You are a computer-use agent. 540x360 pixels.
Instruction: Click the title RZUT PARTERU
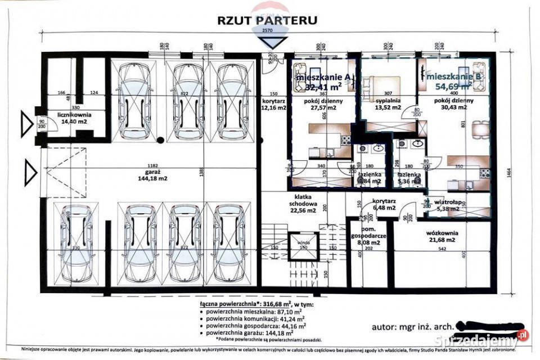click(x=267, y=20)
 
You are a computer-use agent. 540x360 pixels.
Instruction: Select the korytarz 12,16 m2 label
click(x=274, y=103)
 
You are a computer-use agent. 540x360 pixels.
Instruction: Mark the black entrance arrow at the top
click(x=274, y=42)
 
